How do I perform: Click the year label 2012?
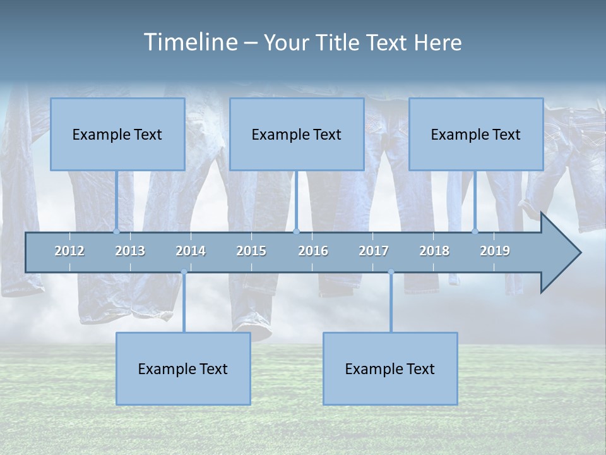69,252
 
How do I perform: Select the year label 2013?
130,252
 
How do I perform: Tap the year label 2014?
191,252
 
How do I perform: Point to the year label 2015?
251,252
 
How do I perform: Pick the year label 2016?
313,252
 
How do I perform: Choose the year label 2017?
374,252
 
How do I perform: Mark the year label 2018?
434,252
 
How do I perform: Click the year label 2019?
495,252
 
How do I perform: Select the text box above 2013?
117,135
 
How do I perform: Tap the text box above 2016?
297,135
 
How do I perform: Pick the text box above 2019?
476,135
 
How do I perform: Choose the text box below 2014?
183,369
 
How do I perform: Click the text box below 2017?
390,369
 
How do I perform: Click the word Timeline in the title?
189,42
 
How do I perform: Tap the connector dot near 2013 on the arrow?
116,232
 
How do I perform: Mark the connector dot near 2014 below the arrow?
184,272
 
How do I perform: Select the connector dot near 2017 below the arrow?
391,272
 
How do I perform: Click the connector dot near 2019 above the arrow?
475,232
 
